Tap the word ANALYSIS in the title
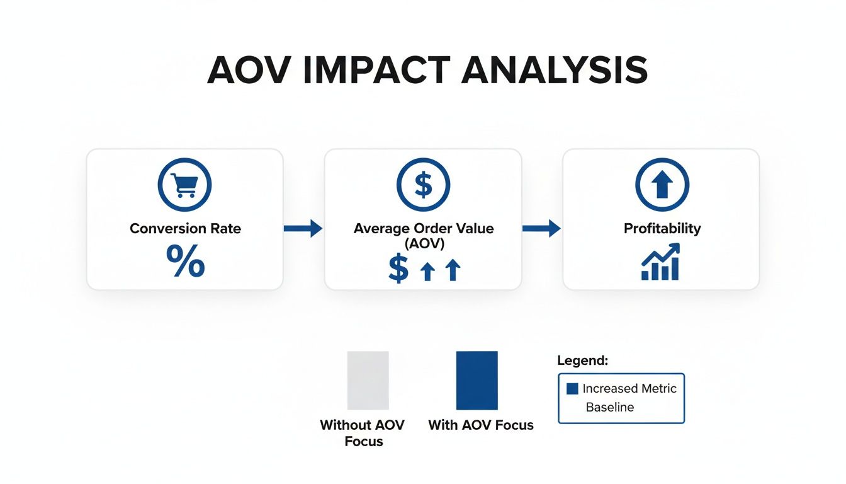[x=555, y=71]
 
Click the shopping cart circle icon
[x=184, y=185]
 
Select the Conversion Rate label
[x=185, y=228]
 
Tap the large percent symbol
[x=185, y=262]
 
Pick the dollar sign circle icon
[x=423, y=185]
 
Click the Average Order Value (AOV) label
[x=423, y=235]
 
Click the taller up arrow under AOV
[x=452, y=270]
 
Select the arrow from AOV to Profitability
[x=541, y=228]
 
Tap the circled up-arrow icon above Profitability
[x=662, y=185]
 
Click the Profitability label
[x=662, y=228]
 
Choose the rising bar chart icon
[x=660, y=263]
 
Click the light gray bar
[x=368, y=381]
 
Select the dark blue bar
[x=477, y=381]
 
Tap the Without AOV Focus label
[x=362, y=433]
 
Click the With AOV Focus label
[x=480, y=425]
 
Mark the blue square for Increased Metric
[x=572, y=389]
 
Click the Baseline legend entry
[x=609, y=407]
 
